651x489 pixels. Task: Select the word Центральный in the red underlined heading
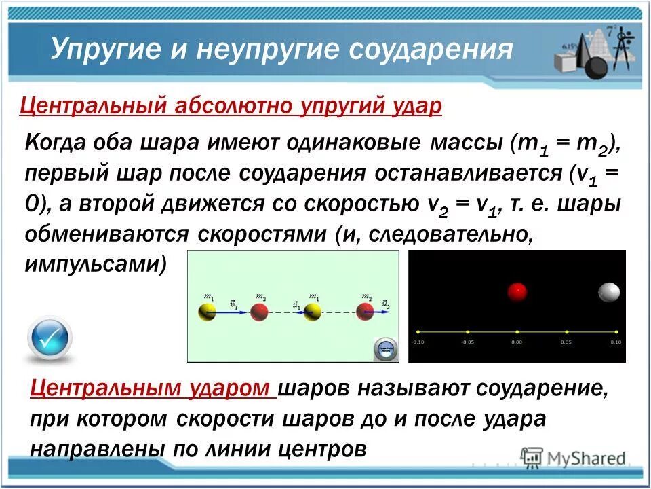pos(94,106)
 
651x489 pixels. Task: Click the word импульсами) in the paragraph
pos(96,264)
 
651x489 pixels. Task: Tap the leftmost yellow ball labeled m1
pos(208,312)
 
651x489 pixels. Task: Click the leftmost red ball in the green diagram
pos(259,312)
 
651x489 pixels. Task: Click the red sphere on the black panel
pos(517,292)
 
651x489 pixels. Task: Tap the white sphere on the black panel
pos(609,292)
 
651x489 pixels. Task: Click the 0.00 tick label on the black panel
pos(517,342)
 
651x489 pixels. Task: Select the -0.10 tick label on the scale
pos(418,342)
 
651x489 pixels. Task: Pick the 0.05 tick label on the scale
pos(566,342)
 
